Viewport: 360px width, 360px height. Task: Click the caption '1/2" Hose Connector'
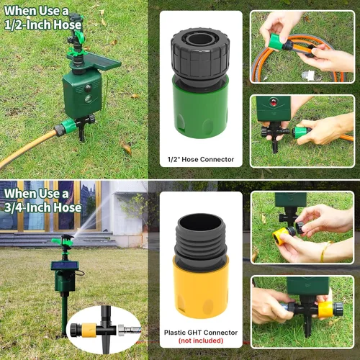201,159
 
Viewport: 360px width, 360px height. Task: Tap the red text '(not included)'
201,341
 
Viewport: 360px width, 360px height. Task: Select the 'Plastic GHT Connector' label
201,333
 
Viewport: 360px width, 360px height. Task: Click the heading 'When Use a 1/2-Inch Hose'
42,18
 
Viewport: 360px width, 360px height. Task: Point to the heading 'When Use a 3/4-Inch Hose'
42,201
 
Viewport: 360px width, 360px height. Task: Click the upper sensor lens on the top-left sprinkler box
88,89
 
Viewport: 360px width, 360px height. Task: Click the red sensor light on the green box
274,102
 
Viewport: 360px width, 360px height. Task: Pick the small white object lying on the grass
309,74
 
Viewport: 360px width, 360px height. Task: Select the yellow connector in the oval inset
89,330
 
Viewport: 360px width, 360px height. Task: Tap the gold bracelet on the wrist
325,251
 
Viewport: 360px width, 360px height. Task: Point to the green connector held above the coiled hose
276,42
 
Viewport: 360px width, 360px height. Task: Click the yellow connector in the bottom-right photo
326,310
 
